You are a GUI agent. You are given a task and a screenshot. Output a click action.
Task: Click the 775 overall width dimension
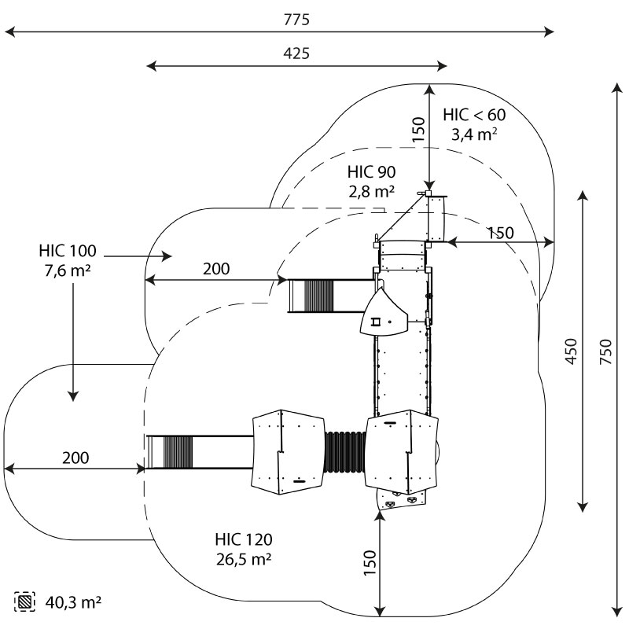[297, 20]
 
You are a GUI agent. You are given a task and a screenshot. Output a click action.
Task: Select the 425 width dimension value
[296, 53]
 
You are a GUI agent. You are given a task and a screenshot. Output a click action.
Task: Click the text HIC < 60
[474, 115]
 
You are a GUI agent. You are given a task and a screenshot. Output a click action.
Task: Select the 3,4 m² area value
[473, 134]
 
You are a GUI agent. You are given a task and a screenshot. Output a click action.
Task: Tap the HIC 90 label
[371, 172]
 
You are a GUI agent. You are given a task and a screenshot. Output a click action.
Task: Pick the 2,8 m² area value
[371, 191]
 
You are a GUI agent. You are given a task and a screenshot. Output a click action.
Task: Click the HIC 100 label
[68, 252]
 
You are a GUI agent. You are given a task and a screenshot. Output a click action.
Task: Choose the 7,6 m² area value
[68, 270]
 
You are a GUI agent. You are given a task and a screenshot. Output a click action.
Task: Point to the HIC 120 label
[244, 540]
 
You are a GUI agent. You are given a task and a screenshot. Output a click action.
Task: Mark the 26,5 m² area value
[244, 559]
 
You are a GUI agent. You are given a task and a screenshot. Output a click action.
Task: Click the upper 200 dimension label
[216, 269]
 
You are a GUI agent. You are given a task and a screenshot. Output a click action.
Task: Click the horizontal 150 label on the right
[500, 233]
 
